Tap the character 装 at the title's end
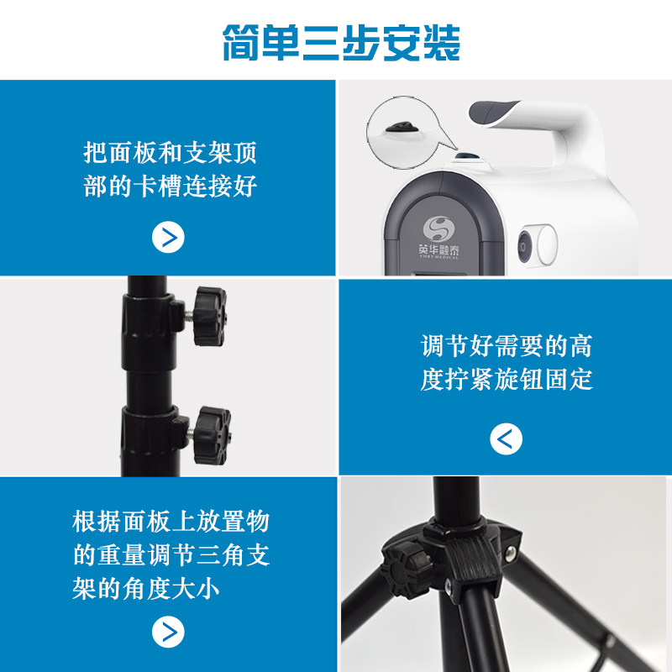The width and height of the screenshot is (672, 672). click(x=440, y=41)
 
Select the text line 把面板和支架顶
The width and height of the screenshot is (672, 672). click(x=170, y=154)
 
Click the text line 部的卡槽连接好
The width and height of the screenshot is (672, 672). click(x=170, y=186)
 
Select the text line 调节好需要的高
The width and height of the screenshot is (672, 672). click(x=506, y=346)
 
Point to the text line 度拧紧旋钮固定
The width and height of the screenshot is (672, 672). click(x=506, y=379)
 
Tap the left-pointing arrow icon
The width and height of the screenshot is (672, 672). click(x=506, y=438)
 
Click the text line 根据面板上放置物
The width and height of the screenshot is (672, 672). click(x=170, y=522)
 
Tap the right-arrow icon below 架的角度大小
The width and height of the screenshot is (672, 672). click(x=168, y=632)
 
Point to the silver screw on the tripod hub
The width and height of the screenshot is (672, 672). click(x=510, y=554)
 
